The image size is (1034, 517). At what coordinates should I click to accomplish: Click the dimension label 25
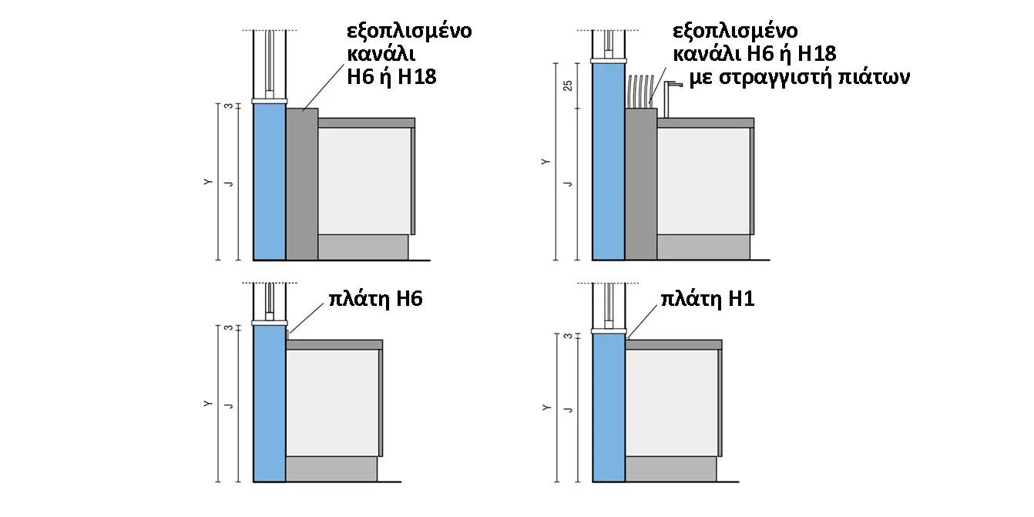568,86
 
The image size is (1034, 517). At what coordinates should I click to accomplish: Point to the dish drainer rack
641,92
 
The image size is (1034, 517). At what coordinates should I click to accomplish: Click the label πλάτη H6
375,299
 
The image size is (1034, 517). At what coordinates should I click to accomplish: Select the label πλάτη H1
707,299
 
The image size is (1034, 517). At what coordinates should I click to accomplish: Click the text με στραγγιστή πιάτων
800,78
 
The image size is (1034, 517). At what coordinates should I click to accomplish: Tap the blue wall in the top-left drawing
270,181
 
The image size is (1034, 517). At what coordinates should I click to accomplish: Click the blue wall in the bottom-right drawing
609,408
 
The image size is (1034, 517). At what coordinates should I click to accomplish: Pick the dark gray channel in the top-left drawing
302,183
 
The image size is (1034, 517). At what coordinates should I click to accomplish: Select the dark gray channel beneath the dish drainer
641,183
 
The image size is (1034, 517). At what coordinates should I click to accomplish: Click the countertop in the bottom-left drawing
334,345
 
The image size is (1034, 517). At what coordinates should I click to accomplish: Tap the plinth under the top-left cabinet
363,247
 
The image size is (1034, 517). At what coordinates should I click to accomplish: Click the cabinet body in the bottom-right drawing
672,403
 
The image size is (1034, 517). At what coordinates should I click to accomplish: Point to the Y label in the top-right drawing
546,162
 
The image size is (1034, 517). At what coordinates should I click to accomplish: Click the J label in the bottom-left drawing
228,406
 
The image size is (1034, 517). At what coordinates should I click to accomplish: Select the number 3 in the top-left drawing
229,106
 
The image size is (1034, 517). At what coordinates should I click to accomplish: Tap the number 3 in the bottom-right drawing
569,336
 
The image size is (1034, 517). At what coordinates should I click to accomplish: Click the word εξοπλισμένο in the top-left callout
409,32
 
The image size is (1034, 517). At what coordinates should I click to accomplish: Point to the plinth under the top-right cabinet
703,247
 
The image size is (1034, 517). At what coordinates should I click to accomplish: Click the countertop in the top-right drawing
706,123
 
